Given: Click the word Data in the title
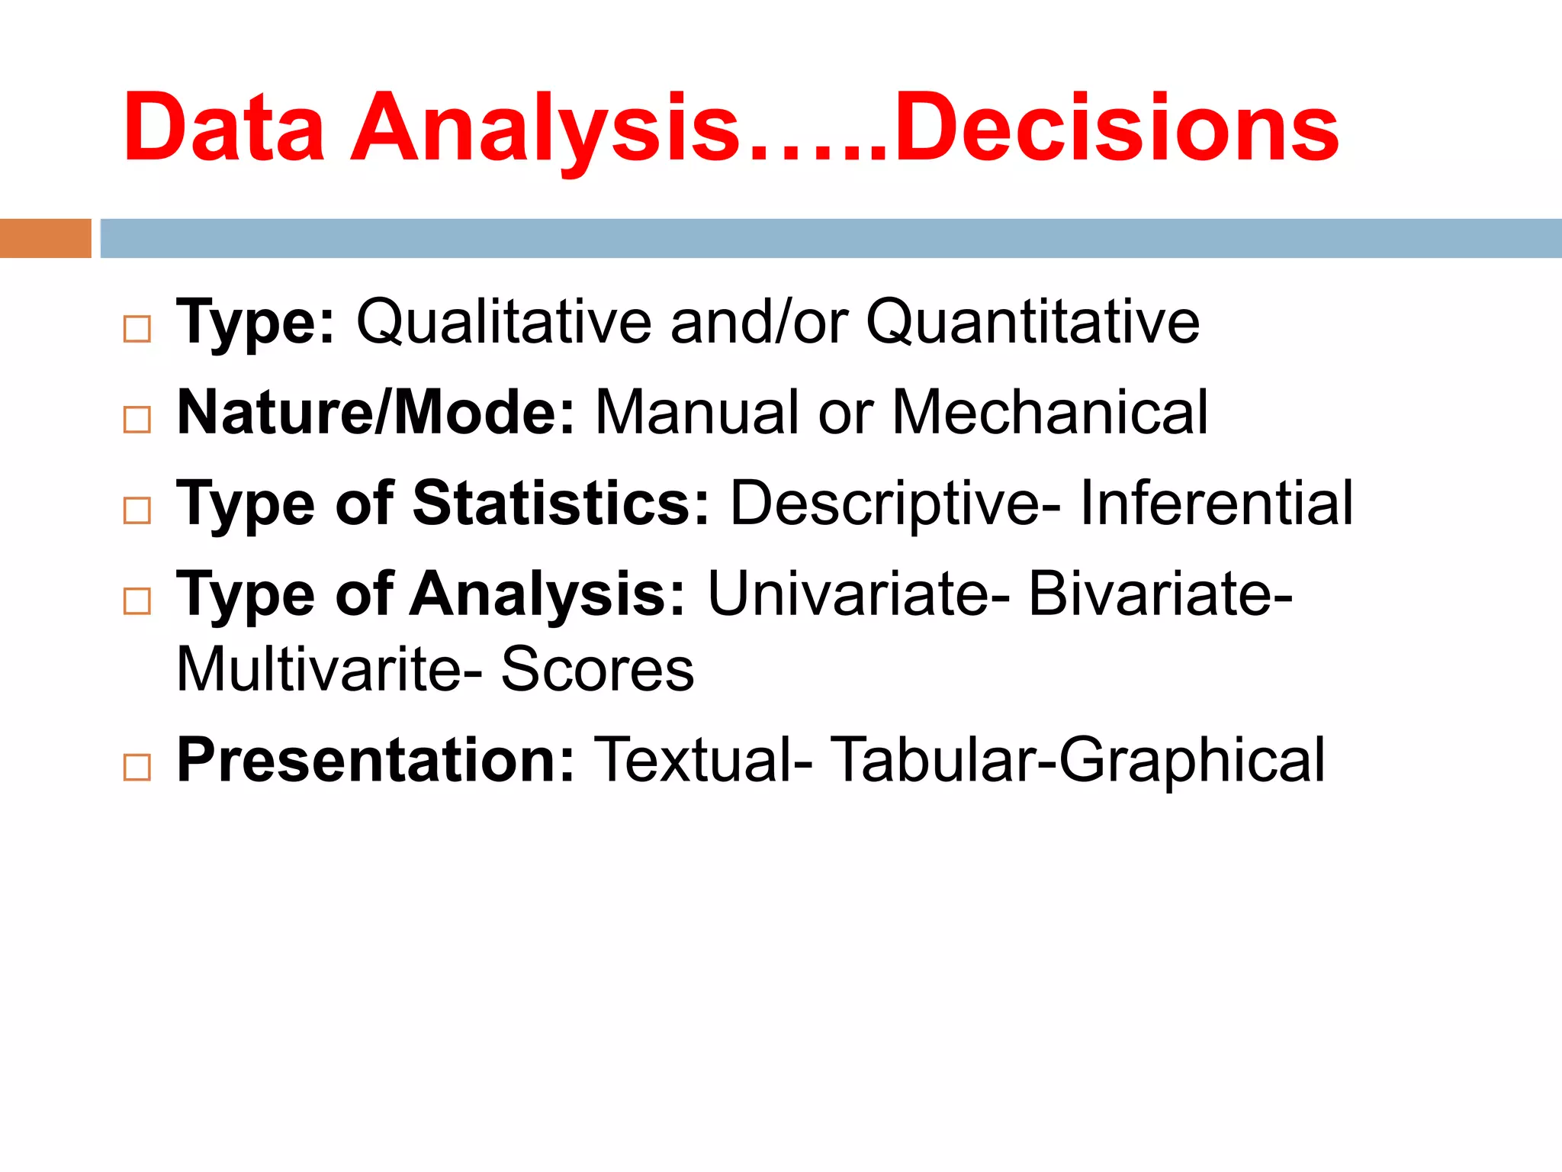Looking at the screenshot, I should (x=223, y=127).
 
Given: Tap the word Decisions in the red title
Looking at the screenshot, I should (x=1116, y=127).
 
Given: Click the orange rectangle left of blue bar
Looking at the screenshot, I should (x=45, y=238).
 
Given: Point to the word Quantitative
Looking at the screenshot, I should (x=1033, y=322).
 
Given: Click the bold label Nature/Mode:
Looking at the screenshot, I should (x=375, y=413).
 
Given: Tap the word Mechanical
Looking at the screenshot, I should (x=1050, y=413).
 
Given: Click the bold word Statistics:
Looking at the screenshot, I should (x=561, y=504).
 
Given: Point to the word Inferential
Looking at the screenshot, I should (x=1216, y=504).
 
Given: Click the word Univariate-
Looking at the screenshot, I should (x=859, y=594).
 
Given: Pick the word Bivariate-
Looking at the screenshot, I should (x=1160, y=594).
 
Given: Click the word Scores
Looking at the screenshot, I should (x=597, y=670).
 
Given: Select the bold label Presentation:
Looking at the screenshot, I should (x=375, y=760).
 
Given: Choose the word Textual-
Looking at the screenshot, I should (x=702, y=760).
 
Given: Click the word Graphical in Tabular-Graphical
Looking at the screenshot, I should (x=1192, y=760).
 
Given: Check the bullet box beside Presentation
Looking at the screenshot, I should (x=137, y=767).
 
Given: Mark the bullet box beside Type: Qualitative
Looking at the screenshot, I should (x=137, y=329).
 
